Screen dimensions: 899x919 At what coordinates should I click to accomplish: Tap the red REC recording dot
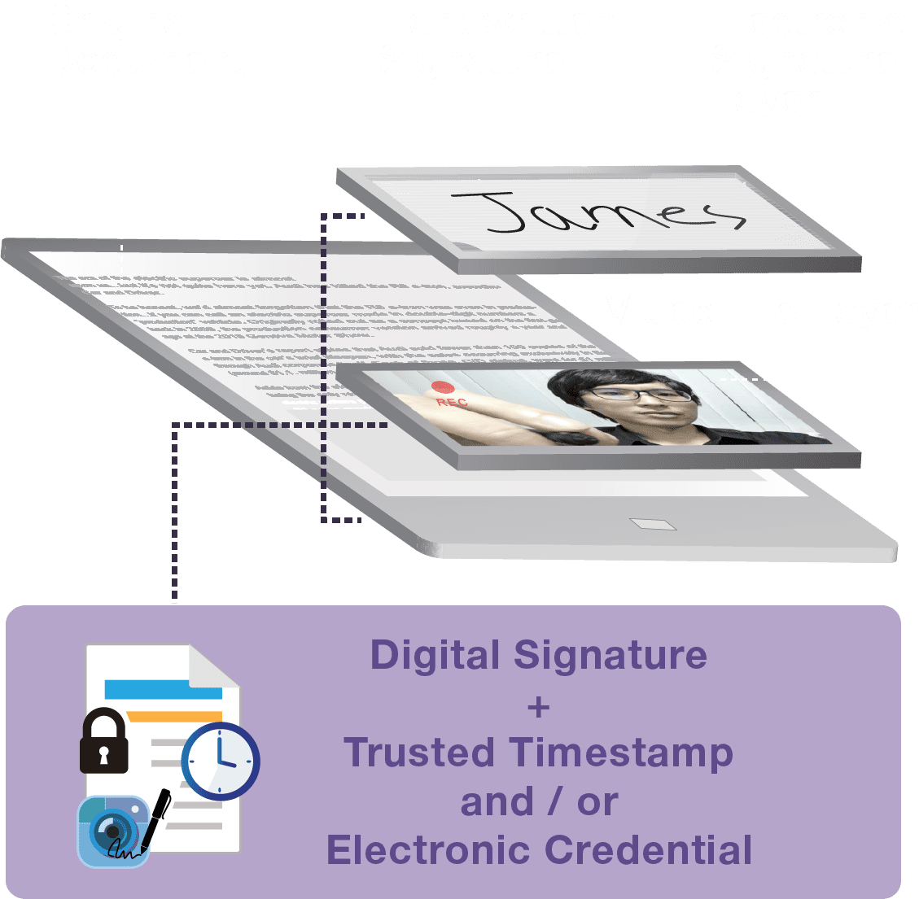[442, 388]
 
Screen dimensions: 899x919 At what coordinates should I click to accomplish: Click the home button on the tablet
[651, 524]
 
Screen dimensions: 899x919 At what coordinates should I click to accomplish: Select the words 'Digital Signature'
[538, 656]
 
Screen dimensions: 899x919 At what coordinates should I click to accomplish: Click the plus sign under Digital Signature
[538, 706]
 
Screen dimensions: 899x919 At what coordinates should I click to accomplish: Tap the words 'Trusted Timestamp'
[538, 753]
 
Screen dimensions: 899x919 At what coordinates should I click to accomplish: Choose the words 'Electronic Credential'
[539, 851]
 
